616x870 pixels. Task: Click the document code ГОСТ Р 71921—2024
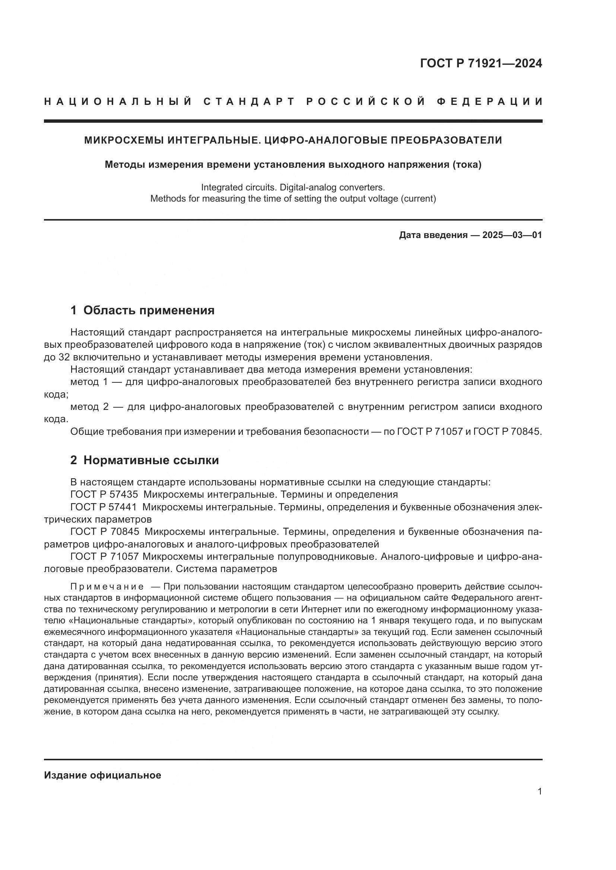click(x=481, y=63)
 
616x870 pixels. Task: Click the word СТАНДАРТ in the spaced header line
click(x=249, y=102)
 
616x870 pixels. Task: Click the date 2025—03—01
click(x=512, y=235)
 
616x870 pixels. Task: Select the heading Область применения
click(x=149, y=310)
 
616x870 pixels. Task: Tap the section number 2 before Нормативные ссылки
click(x=74, y=460)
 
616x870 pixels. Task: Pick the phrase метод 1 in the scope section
click(x=90, y=382)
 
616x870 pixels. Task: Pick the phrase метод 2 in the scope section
click(x=90, y=407)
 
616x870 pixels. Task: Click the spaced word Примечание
click(x=107, y=587)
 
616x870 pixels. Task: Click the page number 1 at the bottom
click(x=540, y=791)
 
